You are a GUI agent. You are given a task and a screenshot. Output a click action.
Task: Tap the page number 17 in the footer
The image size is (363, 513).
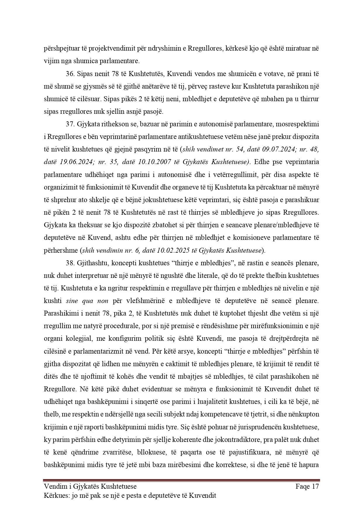[315, 487]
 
